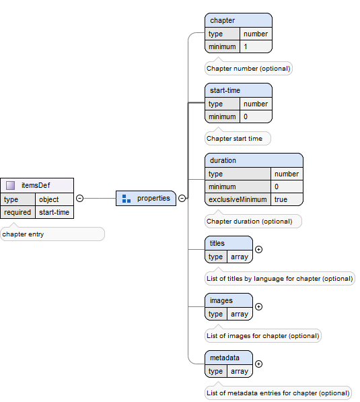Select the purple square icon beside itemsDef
(x=11, y=185)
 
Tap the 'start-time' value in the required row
(x=53, y=212)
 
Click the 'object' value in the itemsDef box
(x=48, y=199)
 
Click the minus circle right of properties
(x=182, y=198)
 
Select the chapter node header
(x=238, y=20)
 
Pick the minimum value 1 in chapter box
(x=246, y=47)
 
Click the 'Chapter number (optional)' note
(x=249, y=69)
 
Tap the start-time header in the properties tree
(x=238, y=90)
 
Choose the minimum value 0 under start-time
(x=246, y=116)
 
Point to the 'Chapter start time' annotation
(x=235, y=139)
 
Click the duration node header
(x=254, y=160)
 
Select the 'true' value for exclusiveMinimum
(x=280, y=199)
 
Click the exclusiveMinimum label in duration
(x=238, y=199)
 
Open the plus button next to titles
(x=259, y=249)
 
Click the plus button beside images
(x=259, y=306)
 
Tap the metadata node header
(x=229, y=358)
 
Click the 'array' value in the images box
(x=239, y=314)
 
